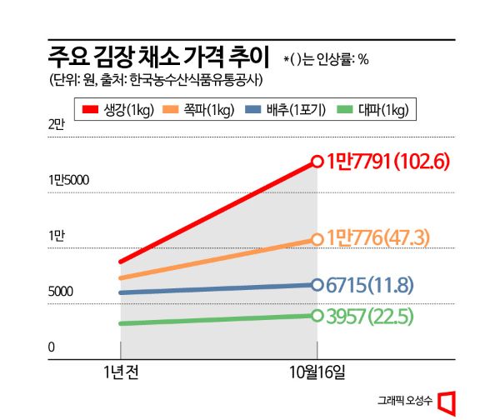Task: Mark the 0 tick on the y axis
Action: (51, 347)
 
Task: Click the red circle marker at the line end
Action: (317, 161)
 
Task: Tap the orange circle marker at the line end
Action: (317, 239)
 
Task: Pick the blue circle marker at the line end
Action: (317, 285)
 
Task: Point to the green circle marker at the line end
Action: (317, 315)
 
